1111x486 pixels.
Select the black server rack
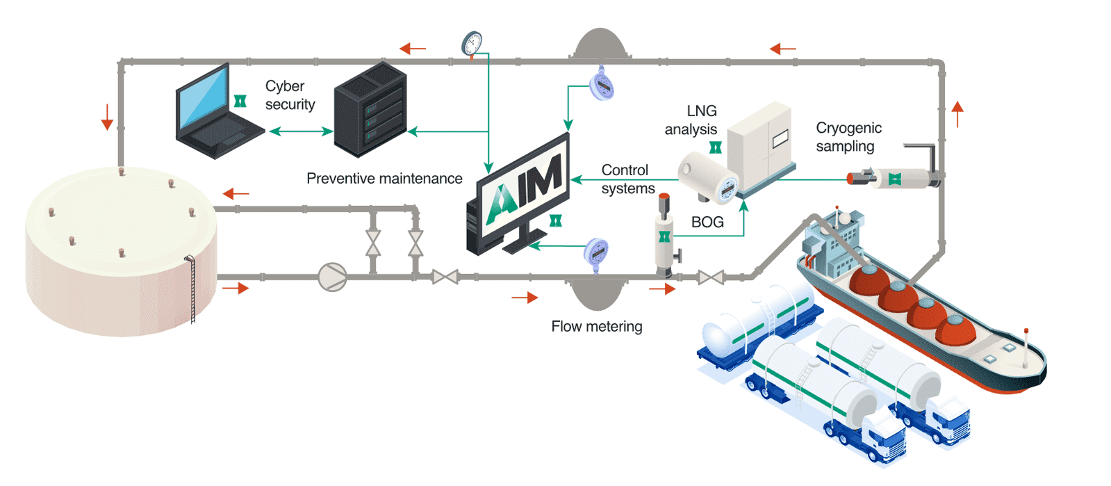click(370, 109)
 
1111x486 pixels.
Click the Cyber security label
click(290, 95)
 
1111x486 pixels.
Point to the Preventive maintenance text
click(384, 179)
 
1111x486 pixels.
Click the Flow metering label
click(596, 326)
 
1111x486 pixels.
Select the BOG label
click(707, 222)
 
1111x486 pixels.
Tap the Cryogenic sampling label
click(848, 137)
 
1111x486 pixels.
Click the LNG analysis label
click(691, 120)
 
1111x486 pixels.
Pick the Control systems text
click(627, 179)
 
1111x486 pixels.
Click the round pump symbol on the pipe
click(332, 277)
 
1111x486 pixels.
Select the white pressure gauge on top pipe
click(472, 44)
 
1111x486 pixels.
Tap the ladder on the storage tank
click(192, 289)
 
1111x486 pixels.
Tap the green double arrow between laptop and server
click(300, 131)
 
